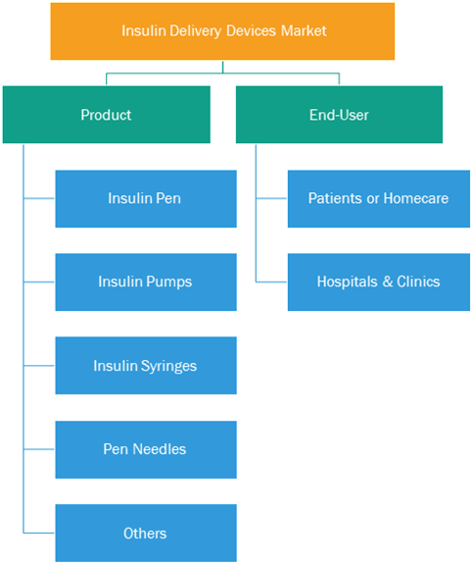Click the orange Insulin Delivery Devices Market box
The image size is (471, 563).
(222, 31)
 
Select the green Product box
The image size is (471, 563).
(107, 115)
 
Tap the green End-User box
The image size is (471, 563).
(339, 115)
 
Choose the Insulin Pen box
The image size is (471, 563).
(146, 198)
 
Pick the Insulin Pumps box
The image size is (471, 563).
(146, 281)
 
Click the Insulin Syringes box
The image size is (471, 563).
(146, 366)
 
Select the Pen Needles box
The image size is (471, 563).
(146, 449)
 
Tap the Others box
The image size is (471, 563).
(146, 534)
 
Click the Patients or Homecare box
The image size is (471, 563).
(379, 198)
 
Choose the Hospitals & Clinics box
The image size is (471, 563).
(379, 281)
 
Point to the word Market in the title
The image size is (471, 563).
(304, 30)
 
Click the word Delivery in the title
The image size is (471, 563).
(196, 31)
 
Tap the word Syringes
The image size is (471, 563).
(168, 366)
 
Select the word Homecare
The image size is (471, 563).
(416, 198)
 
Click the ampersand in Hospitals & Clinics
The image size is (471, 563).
(387, 281)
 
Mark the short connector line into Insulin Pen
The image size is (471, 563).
(39, 198)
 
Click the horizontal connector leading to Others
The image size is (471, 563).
(39, 533)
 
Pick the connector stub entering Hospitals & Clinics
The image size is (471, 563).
(271, 281)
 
